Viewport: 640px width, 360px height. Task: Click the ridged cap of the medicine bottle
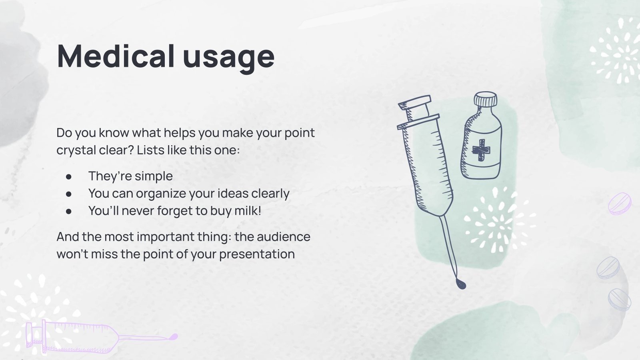pyautogui.click(x=485, y=99)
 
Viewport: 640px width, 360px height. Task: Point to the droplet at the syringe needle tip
pyautogui.click(x=461, y=284)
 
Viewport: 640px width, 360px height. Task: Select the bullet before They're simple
pyautogui.click(x=69, y=176)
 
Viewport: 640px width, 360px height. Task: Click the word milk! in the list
pyautogui.click(x=248, y=210)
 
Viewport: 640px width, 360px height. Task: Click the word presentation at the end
pyautogui.click(x=257, y=254)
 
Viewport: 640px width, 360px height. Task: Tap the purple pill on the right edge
pyautogui.click(x=619, y=203)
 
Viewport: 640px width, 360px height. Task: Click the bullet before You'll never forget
pyautogui.click(x=69, y=211)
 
